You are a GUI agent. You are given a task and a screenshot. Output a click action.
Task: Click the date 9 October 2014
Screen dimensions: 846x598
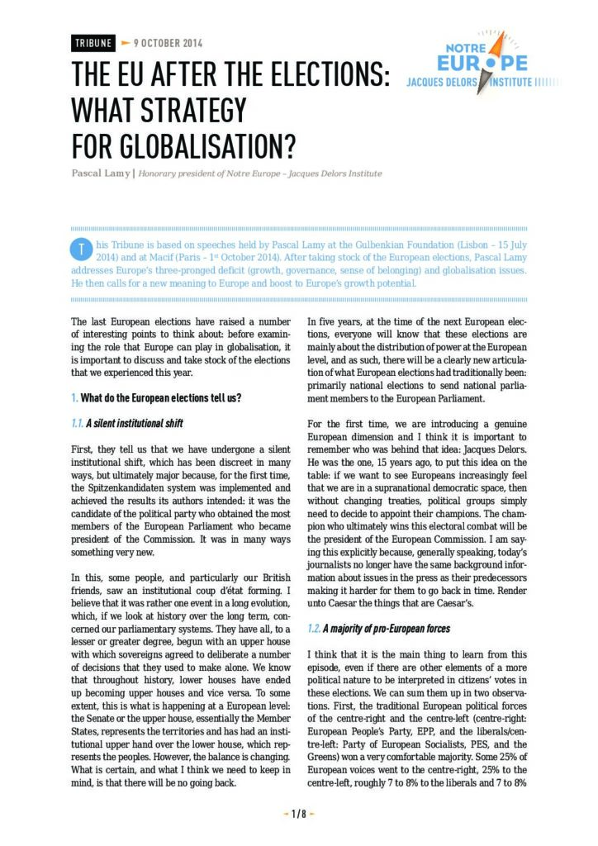click(167, 43)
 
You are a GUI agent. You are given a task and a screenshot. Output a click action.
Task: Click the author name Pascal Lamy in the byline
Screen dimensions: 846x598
click(100, 173)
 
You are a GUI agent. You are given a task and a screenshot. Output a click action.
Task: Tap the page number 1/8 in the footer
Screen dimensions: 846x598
click(298, 814)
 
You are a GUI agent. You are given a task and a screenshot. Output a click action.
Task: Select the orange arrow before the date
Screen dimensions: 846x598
click(126, 43)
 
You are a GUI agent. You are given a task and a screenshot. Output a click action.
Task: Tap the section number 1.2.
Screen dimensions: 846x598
click(313, 629)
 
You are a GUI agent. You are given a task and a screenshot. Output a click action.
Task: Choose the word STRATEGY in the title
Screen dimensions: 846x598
click(199, 110)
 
